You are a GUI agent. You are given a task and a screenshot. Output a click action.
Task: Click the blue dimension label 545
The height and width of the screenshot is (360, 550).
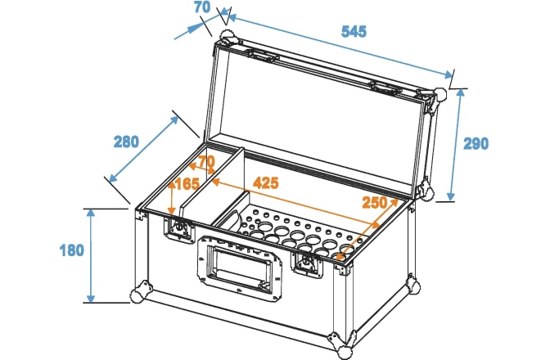[354, 32]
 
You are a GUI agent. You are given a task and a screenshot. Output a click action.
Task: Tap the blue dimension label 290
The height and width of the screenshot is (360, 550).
[476, 144]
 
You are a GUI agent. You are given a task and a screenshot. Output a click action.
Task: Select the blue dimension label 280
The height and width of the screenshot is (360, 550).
[126, 142]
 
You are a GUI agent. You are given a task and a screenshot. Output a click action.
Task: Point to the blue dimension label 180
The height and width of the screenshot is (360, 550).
[72, 250]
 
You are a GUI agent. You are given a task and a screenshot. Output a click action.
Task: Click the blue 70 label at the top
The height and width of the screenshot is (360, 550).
[202, 7]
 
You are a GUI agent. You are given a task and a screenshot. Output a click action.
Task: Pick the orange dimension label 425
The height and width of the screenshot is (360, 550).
[266, 183]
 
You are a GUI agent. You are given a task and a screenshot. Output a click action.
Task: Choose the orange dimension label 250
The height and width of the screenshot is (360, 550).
[375, 203]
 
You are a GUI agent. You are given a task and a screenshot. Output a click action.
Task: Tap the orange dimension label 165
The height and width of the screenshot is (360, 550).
[187, 184]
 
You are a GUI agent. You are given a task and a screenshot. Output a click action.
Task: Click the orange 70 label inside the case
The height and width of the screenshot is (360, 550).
[206, 162]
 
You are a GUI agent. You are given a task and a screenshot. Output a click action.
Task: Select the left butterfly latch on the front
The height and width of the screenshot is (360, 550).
[179, 227]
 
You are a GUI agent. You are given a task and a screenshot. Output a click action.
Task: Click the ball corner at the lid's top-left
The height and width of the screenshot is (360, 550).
[227, 37]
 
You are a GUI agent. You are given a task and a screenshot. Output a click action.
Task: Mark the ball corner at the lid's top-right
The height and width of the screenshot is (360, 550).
[439, 95]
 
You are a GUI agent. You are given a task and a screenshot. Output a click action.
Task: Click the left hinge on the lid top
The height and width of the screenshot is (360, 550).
[262, 55]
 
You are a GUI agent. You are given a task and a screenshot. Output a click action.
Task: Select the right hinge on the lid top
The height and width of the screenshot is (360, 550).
[385, 87]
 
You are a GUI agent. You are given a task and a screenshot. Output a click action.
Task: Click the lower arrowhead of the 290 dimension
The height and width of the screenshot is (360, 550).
[452, 196]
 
